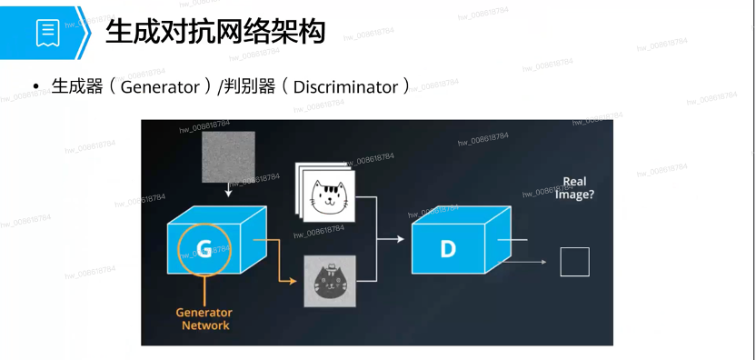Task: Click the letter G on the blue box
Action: point(204,249)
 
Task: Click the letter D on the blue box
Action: point(447,249)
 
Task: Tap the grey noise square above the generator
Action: point(228,157)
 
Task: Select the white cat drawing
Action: point(328,196)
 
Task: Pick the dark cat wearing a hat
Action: point(330,281)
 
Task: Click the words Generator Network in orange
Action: point(204,319)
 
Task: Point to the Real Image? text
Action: point(574,188)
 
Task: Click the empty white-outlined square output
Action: point(574,262)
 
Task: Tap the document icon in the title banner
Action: point(48,33)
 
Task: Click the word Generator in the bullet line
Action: point(160,87)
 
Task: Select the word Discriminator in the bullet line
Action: point(345,87)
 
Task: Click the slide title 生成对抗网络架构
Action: point(215,33)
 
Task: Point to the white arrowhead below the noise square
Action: point(229,194)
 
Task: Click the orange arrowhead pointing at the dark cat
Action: point(293,281)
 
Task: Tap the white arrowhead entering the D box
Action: point(400,239)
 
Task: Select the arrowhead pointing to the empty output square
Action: point(543,262)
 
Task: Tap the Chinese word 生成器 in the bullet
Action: point(77,87)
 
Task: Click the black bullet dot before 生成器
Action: point(35,87)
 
